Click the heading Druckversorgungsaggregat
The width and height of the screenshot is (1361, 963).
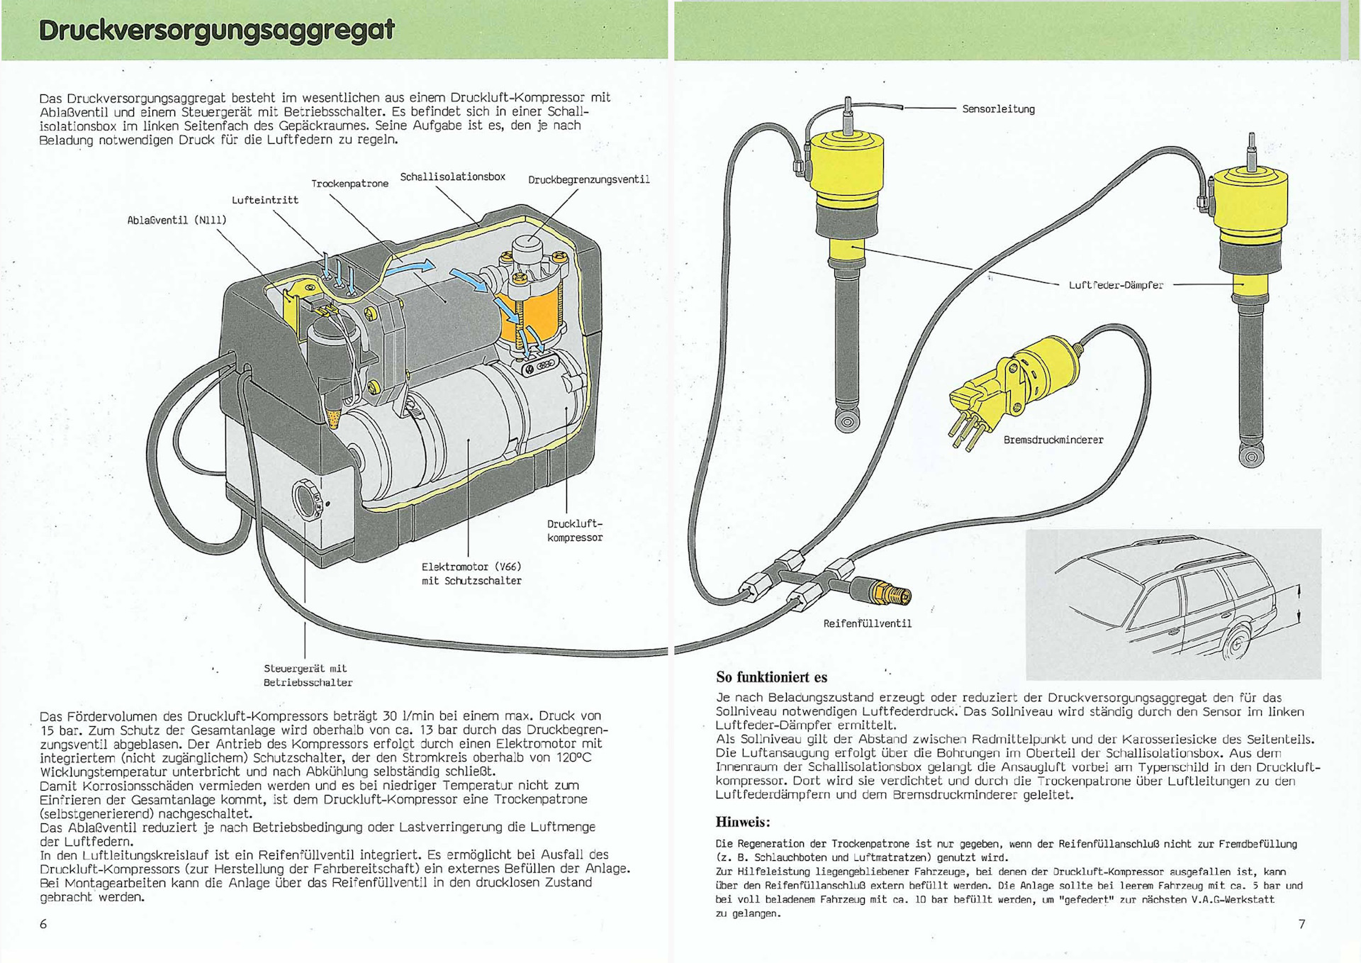216,30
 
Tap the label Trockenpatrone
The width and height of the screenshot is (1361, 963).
349,184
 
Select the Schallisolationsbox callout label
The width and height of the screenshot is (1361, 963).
452,177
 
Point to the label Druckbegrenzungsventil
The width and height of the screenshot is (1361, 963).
588,179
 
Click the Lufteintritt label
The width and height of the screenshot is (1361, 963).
265,200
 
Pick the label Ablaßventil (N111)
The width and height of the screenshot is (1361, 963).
177,220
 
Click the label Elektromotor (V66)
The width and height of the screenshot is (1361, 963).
471,567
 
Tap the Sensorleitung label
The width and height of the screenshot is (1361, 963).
998,109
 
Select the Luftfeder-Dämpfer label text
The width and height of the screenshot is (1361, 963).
1116,285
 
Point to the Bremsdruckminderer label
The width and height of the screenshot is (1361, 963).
1053,440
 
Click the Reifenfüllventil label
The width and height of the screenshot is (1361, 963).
867,623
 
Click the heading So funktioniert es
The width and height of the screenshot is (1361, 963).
771,677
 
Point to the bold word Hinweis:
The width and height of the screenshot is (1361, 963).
742,822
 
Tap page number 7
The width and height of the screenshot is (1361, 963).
1301,923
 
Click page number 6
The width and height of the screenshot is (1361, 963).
43,923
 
